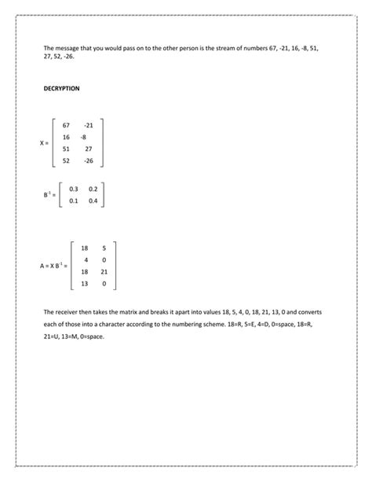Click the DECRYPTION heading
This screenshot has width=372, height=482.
click(x=61, y=89)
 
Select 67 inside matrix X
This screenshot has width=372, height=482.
click(x=65, y=125)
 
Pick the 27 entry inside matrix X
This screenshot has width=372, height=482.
click(x=88, y=149)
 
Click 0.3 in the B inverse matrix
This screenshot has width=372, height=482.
click(x=74, y=189)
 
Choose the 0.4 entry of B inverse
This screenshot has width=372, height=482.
click(x=93, y=201)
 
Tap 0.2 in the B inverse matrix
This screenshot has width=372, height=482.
click(x=93, y=189)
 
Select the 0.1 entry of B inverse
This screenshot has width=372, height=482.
click(x=74, y=201)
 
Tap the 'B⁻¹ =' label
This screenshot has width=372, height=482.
click(x=49, y=194)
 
